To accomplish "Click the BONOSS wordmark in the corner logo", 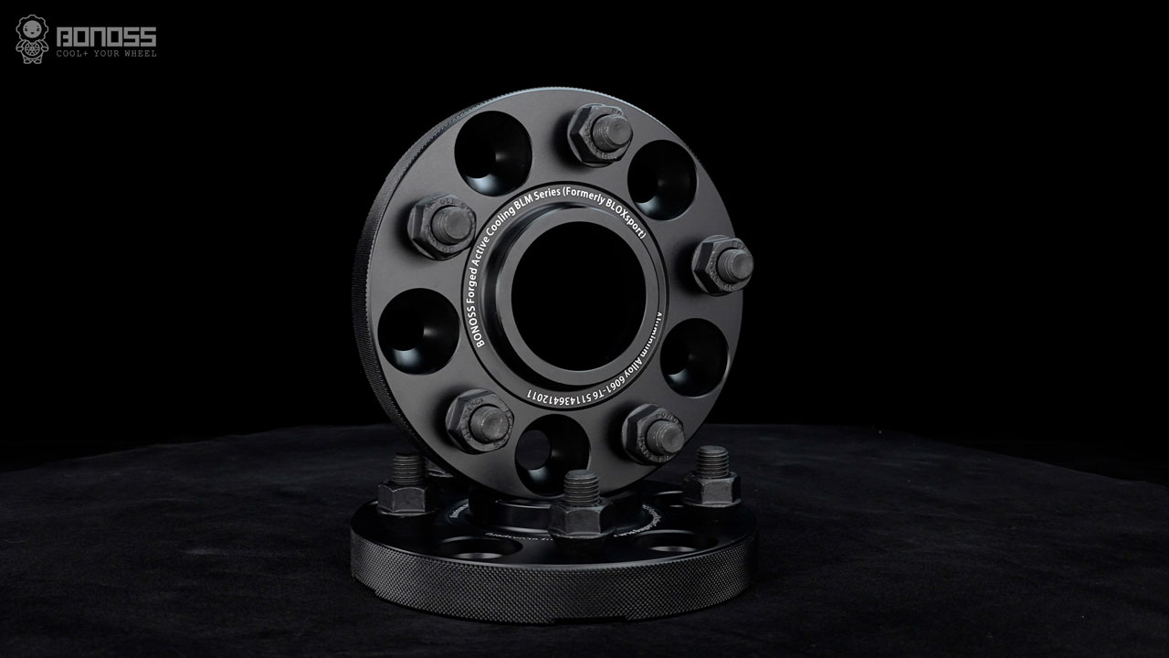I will click(106, 37).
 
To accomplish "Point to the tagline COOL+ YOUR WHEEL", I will click(106, 54).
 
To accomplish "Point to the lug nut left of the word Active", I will click(441, 226).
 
